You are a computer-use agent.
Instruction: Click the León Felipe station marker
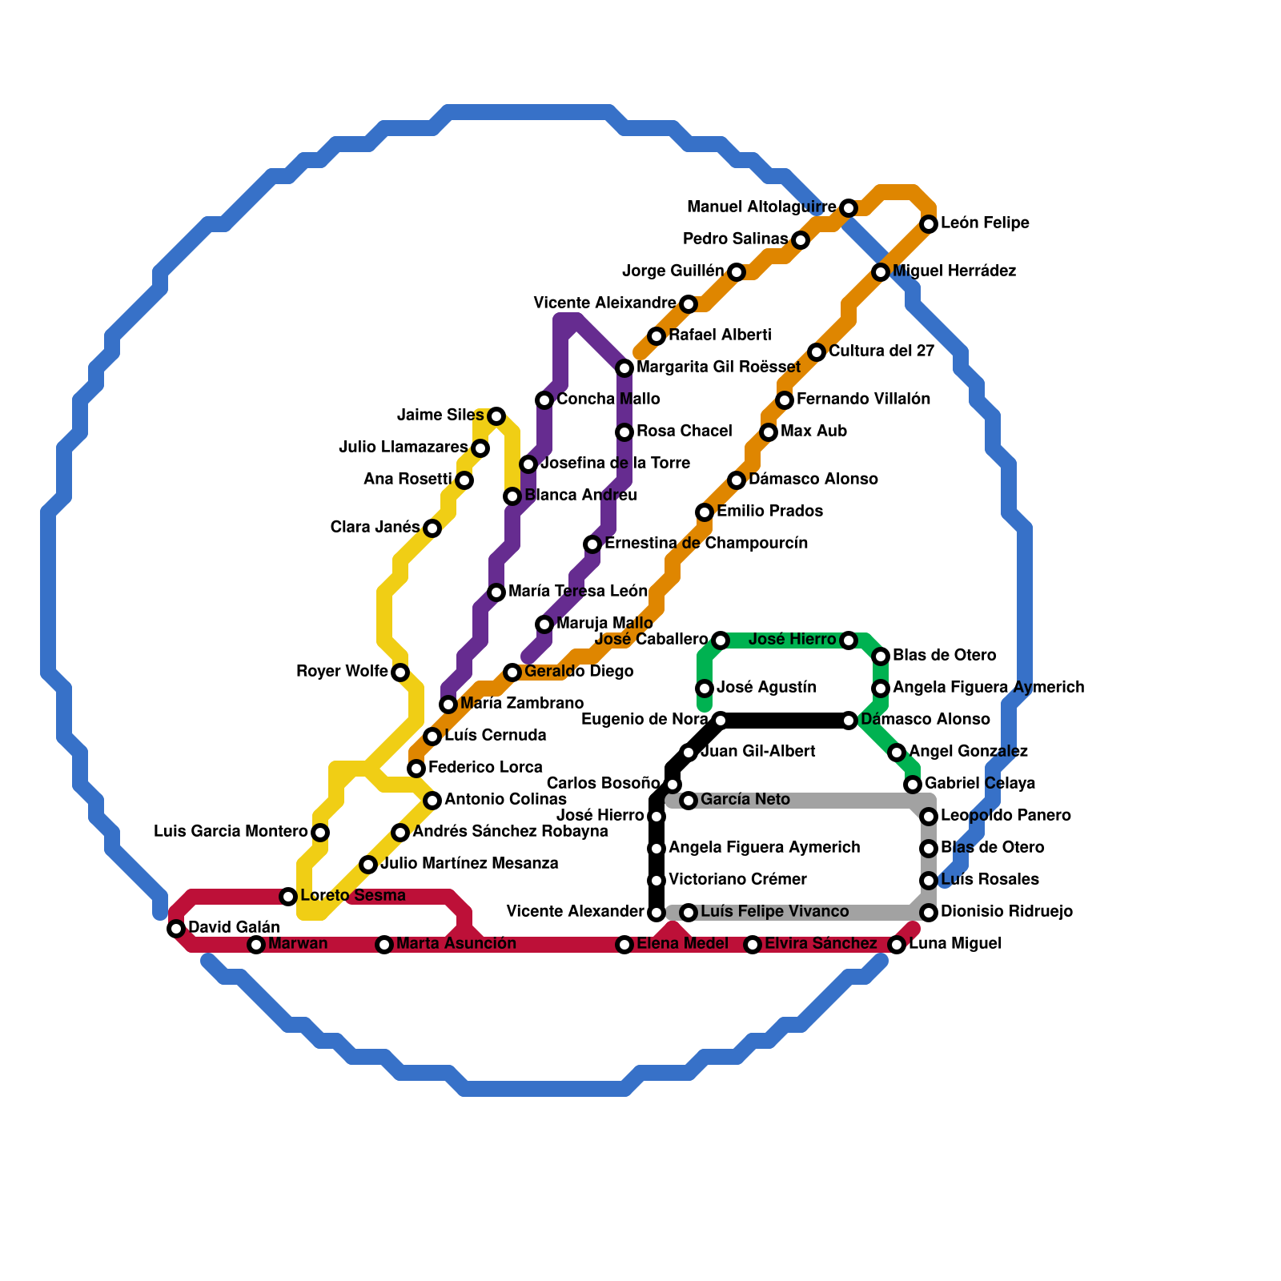[929, 224]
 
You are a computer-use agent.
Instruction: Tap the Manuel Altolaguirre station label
[761, 207]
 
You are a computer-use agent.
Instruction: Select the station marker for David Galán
[176, 929]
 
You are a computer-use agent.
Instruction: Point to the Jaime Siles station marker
[496, 416]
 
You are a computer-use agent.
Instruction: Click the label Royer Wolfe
[342, 672]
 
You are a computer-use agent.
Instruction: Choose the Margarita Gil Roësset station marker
[624, 368]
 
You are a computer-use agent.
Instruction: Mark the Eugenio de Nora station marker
[721, 721]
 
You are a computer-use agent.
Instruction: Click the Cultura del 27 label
[881, 351]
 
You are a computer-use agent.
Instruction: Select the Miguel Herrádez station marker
[881, 272]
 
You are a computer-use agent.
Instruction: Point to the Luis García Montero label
[231, 832]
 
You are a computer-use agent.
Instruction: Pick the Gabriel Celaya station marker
[913, 785]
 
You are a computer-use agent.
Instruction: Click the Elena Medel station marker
[624, 945]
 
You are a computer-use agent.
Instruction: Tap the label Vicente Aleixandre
[604, 303]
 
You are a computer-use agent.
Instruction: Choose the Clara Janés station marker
[432, 528]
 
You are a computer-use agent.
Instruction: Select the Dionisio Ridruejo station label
[1006, 912]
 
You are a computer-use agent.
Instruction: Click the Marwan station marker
[256, 945]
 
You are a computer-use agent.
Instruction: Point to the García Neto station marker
[689, 801]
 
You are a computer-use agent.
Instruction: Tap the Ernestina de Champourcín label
[706, 544]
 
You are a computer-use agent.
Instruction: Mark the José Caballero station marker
[721, 640]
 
